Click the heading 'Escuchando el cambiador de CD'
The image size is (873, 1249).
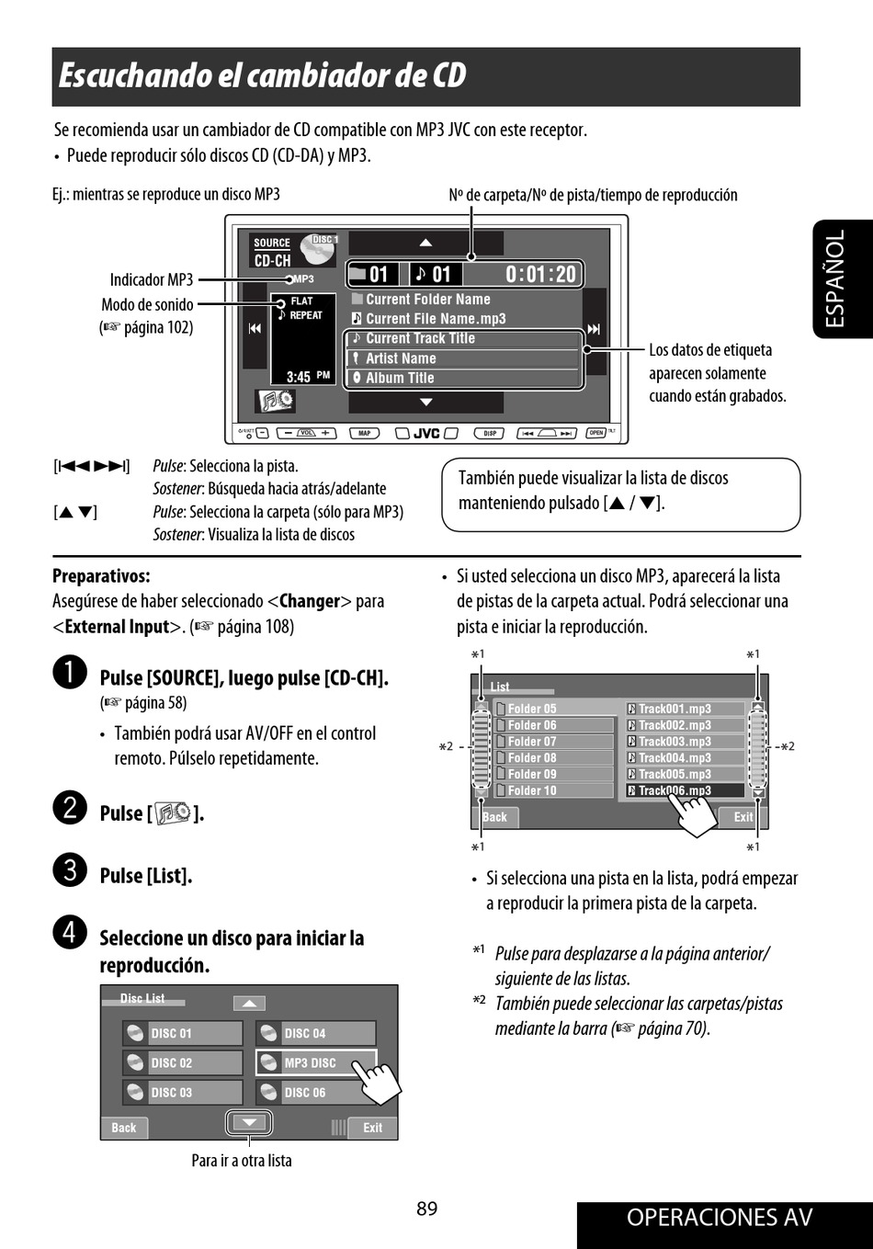pos(263,75)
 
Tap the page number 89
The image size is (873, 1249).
pos(426,1209)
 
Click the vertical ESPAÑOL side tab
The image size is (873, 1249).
pos(836,278)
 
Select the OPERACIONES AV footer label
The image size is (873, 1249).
pos(720,1218)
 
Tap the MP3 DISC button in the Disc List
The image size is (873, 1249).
pos(315,1062)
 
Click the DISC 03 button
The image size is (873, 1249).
pos(182,1093)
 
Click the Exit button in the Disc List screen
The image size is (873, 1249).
pos(372,1128)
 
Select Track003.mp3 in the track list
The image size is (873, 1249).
pos(685,742)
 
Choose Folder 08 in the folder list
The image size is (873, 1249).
pos(553,758)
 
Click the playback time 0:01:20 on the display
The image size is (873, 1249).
pos(540,275)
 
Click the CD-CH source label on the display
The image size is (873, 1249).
pos(272,261)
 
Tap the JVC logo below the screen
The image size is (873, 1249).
pos(426,433)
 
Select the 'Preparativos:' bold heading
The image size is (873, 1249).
pos(101,576)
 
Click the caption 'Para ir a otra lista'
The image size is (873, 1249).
pos(242,1161)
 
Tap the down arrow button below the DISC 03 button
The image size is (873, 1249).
pos(249,1122)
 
